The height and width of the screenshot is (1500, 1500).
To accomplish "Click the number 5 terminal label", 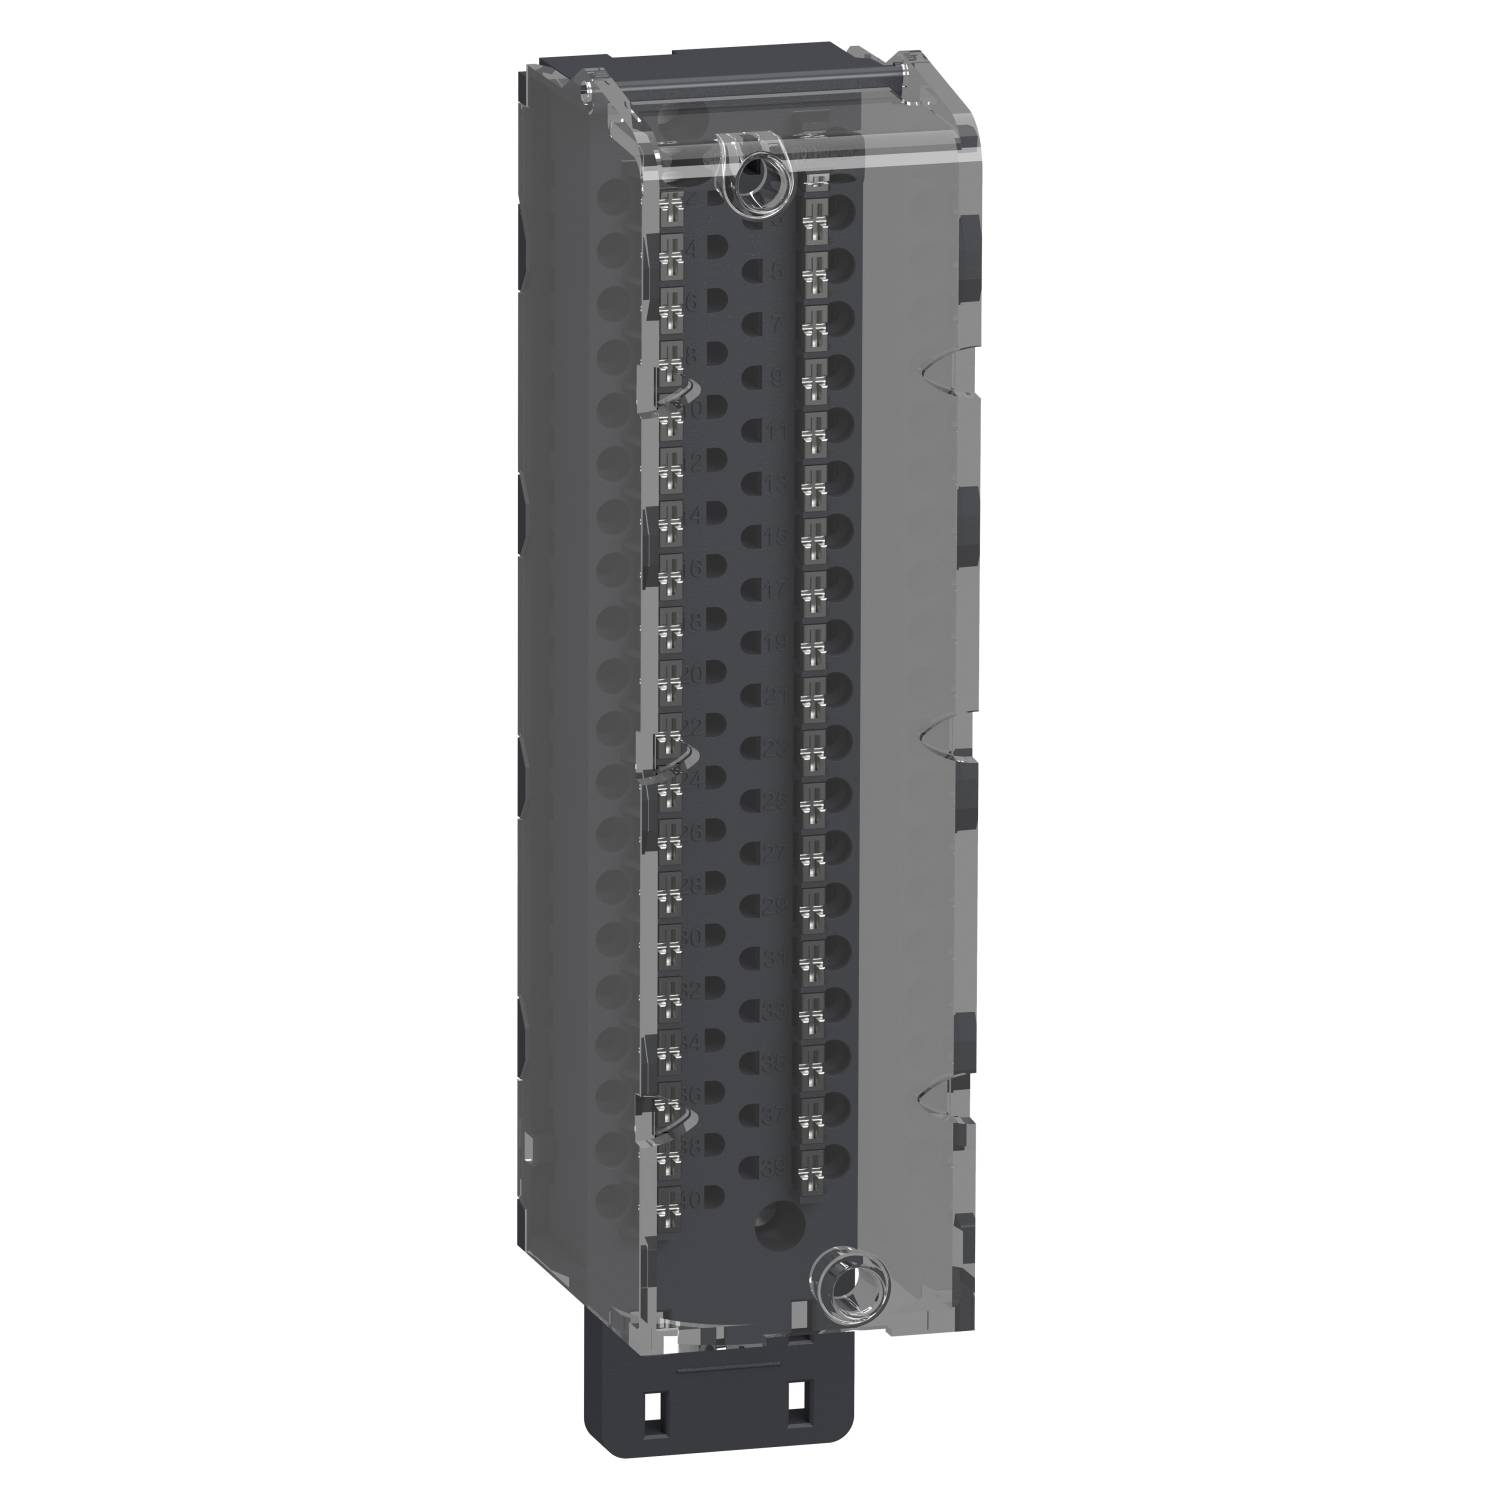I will tap(776, 270).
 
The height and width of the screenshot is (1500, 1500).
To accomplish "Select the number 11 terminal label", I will tap(776, 431).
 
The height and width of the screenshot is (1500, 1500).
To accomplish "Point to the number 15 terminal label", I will tap(776, 538).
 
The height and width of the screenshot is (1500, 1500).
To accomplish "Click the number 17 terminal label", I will tap(776, 591).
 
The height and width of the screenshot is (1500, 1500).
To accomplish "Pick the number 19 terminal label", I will tap(776, 644).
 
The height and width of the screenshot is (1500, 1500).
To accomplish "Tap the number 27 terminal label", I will tap(776, 853).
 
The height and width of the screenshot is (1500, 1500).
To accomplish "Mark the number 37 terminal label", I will tap(776, 1114).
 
